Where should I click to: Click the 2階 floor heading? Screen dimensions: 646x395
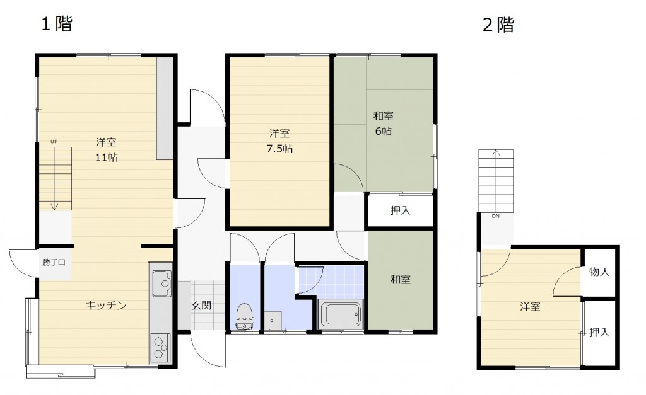coord(498,25)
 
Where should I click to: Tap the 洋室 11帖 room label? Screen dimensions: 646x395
coord(106,150)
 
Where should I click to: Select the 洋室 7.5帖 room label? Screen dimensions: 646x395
coord(279,140)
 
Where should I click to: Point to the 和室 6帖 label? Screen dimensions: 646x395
coord(383,123)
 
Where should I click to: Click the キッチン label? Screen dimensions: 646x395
coord(106,305)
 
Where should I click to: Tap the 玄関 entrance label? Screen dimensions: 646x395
coord(202,306)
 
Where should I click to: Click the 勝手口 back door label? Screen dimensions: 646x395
coord(54,262)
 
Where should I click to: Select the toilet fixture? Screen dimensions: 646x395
coord(245,316)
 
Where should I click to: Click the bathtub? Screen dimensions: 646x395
coord(340,314)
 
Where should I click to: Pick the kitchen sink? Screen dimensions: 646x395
coord(162,283)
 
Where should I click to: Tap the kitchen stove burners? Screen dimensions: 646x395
coord(160,348)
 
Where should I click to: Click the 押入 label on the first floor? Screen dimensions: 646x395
coord(401,210)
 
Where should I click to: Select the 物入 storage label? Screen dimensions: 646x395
coord(599,272)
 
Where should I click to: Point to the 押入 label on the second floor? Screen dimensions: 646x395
coord(599,332)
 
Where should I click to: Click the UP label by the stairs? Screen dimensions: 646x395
coord(54,142)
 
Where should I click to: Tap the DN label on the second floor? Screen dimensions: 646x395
coord(496,215)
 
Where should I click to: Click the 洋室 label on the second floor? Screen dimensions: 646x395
coord(530,307)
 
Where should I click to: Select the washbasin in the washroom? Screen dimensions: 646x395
coord(274,321)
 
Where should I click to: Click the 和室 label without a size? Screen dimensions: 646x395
coord(401,280)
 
